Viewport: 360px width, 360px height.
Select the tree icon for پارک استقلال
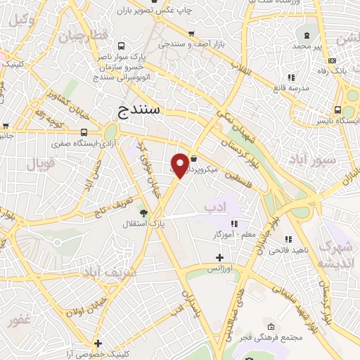144,212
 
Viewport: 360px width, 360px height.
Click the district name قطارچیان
83,35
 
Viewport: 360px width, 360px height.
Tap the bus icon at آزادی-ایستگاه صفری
84,131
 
